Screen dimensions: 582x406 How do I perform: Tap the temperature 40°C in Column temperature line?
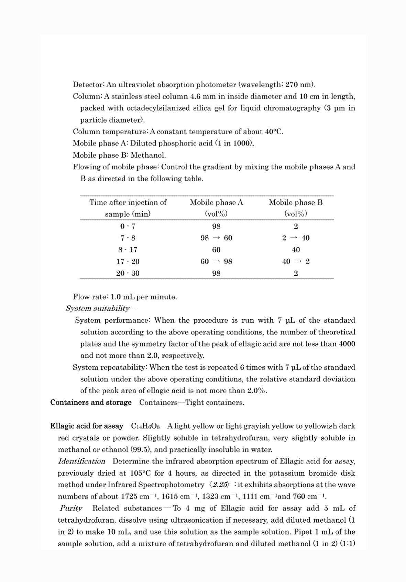(x=274, y=132)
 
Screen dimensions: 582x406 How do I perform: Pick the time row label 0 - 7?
(x=128, y=226)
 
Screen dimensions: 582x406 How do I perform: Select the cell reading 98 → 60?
(x=216, y=238)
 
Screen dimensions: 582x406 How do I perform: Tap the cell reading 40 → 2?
(x=296, y=262)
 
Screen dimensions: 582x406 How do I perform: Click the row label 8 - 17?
(x=128, y=250)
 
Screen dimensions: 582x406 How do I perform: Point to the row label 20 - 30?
(x=128, y=273)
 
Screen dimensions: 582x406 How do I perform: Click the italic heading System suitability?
(x=98, y=308)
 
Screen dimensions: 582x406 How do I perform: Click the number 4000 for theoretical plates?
(x=347, y=344)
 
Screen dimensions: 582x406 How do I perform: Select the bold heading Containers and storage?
(x=91, y=402)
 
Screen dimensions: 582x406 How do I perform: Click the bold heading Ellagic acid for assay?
(x=87, y=426)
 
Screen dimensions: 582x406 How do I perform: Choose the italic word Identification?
(x=81, y=461)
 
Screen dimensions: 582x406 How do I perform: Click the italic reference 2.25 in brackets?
(x=220, y=485)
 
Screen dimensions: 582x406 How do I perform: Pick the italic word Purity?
(x=71, y=508)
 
